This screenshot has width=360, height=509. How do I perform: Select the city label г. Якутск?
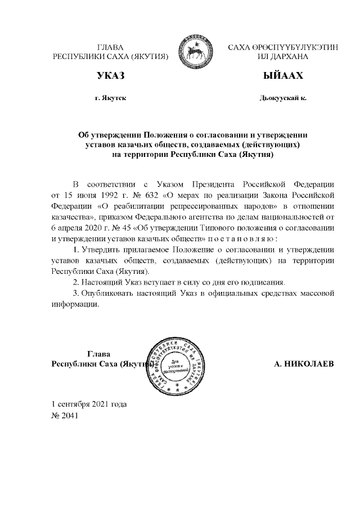110,98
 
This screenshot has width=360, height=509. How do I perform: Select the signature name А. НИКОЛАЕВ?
304,364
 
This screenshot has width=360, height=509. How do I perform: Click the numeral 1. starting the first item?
78,249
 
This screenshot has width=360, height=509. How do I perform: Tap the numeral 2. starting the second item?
78,281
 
